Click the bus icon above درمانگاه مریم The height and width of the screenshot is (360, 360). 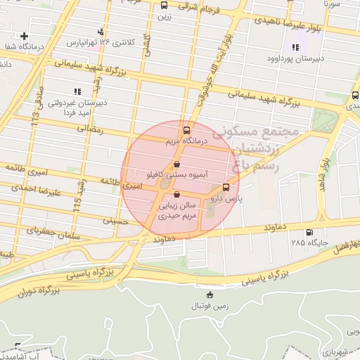coord(186,130)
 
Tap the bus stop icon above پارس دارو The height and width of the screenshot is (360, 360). coord(226,187)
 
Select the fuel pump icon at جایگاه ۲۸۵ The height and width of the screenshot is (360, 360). coord(309,233)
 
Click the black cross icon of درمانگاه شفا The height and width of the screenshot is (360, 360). coord(25,36)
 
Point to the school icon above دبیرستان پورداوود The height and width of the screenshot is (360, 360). coord(295,48)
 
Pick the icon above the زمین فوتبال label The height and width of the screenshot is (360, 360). coord(209,295)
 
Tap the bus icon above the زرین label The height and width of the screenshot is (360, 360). coord(165,4)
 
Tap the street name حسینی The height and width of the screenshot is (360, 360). coord(117,220)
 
